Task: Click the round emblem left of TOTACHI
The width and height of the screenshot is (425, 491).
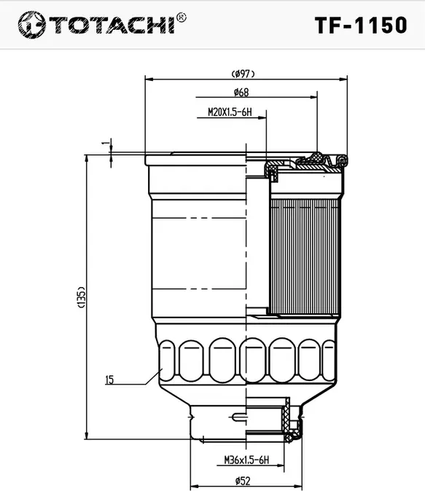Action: click(31, 25)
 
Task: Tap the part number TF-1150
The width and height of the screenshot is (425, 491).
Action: click(361, 25)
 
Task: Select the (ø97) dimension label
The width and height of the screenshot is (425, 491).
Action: click(243, 74)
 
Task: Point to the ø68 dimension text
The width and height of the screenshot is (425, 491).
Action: click(241, 93)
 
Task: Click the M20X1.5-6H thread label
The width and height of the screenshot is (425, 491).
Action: click(230, 112)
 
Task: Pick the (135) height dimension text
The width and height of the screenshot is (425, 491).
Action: click(81, 297)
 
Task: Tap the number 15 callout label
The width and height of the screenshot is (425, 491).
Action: click(109, 380)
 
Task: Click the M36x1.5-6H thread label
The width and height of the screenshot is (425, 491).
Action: click(246, 460)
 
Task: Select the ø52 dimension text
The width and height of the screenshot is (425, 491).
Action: click(243, 481)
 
